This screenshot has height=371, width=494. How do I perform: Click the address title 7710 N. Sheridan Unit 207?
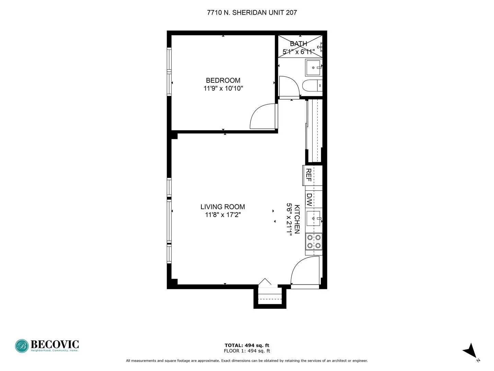pyautogui.click(x=252, y=13)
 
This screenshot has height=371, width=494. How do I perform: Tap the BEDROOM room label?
pyautogui.click(x=223, y=80)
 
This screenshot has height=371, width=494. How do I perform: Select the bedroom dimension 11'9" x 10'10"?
pyautogui.click(x=223, y=89)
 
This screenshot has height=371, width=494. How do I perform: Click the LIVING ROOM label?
pyautogui.click(x=223, y=207)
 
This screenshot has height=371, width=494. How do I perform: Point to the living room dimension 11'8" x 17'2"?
pyautogui.click(x=223, y=215)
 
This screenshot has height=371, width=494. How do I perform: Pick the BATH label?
pyautogui.click(x=298, y=44)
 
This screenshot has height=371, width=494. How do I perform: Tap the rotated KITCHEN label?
pyautogui.click(x=297, y=219)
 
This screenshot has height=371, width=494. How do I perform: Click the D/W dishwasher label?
pyautogui.click(x=309, y=200)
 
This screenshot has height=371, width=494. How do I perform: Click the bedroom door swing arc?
pyautogui.click(x=262, y=117)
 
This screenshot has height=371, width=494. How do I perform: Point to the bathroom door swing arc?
pyautogui.click(x=289, y=86)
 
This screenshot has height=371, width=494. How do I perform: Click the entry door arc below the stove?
pyautogui.click(x=304, y=270)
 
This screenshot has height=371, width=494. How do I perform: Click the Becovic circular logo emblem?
pyautogui.click(x=22, y=346)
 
